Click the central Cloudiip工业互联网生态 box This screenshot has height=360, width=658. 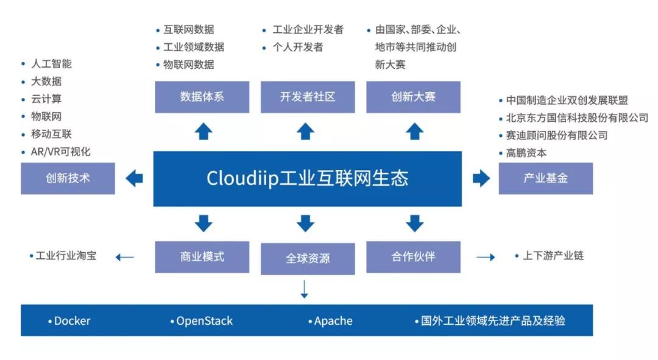(x=307, y=178)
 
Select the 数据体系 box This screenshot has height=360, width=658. (x=202, y=97)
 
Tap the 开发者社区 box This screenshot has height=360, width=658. (x=308, y=97)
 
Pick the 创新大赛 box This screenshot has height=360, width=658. (x=413, y=97)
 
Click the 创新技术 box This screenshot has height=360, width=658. (x=68, y=178)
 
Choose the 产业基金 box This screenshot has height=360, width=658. (x=545, y=178)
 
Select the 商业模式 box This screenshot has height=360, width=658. (x=202, y=257)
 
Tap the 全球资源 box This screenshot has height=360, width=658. (x=308, y=258)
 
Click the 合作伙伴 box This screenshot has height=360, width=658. (x=413, y=257)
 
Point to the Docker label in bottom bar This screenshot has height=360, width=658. (x=72, y=321)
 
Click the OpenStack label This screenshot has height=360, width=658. (x=204, y=321)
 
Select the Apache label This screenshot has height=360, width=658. (x=333, y=321)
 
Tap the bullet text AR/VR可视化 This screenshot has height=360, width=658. (x=61, y=152)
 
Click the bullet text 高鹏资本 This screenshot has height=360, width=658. (x=526, y=153)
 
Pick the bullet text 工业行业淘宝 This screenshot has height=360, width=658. (x=66, y=255)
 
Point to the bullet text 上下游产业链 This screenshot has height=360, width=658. (x=553, y=255)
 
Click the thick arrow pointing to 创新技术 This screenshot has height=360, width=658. (x=134, y=178)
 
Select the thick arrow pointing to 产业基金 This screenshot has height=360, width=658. (x=481, y=178)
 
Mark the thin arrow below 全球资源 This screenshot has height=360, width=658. (x=305, y=289)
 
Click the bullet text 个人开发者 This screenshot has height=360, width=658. (x=298, y=47)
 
